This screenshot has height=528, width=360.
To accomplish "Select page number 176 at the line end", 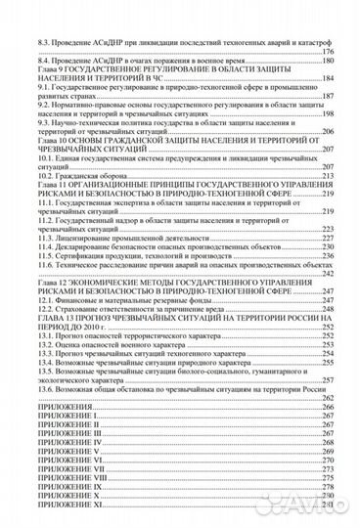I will pos(329,53).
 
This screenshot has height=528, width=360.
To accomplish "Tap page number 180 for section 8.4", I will pos(329,61).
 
